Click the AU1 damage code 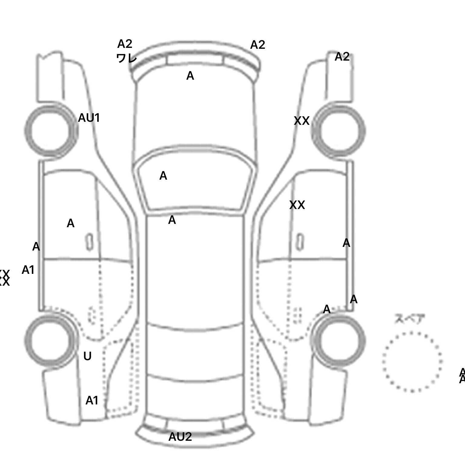tap(89, 118)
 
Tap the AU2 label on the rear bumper tap(180, 437)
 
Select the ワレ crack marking tap(127, 58)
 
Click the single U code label tap(87, 356)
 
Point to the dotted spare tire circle tap(412, 362)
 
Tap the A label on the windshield tap(163, 176)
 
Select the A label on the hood tap(190, 76)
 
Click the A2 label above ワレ tap(125, 44)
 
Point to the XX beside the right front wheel tap(302, 121)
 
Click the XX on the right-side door tap(297, 205)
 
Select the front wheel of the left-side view tap(51, 131)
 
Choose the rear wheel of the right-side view tap(339, 340)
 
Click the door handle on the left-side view tap(89, 242)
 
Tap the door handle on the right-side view tap(300, 242)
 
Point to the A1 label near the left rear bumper tap(92, 400)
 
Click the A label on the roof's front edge tap(172, 220)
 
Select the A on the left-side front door tap(71, 224)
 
